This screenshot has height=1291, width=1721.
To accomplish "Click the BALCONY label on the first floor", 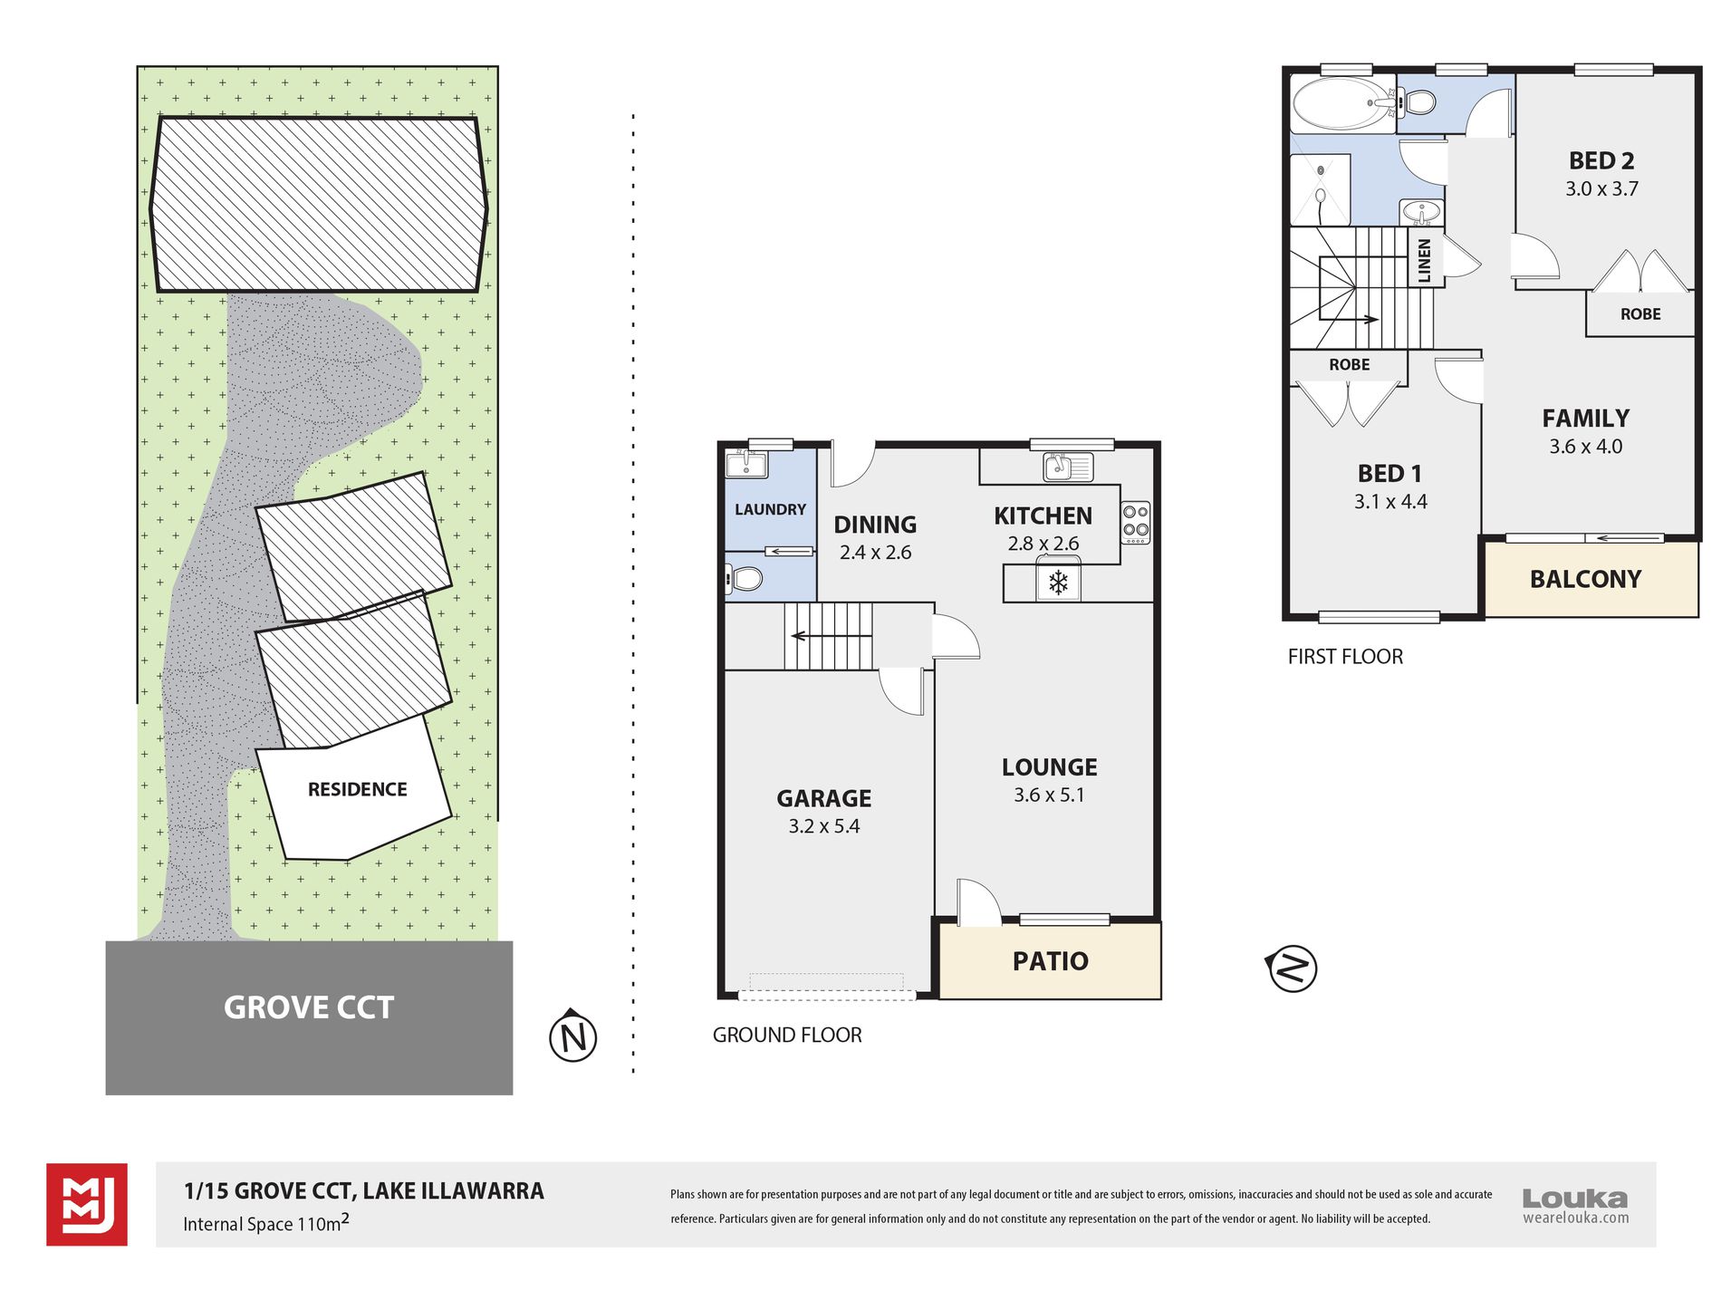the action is coord(1585,579).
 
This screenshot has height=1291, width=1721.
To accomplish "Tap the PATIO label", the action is coord(1050,961).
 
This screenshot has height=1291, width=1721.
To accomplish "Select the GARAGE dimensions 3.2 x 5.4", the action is coord(823,826).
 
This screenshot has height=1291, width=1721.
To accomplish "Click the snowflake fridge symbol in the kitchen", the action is coord(1058,583).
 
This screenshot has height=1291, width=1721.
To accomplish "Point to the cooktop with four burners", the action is coord(1136,523).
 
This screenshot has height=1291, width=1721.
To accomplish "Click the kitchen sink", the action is coord(1068,467).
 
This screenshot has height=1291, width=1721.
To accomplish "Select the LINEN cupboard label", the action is coord(1425,260).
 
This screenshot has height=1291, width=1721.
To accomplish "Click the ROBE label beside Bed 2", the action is coord(1640,314).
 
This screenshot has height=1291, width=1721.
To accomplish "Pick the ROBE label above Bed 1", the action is coord(1349,365).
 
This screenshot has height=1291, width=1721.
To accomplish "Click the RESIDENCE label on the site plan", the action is coord(357,790).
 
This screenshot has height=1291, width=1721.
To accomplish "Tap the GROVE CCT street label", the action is coord(309,1007).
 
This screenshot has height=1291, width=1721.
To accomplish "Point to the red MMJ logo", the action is coord(87,1205).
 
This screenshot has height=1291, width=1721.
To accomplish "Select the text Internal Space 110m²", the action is coord(266,1223).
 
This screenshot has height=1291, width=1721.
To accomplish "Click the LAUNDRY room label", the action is coord(770,510).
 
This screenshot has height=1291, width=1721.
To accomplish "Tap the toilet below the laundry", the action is coord(744,578).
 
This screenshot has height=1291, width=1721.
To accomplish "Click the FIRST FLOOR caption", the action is coord(1345,657).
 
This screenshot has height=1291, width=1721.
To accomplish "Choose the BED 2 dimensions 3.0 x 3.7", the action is coord(1601,189).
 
